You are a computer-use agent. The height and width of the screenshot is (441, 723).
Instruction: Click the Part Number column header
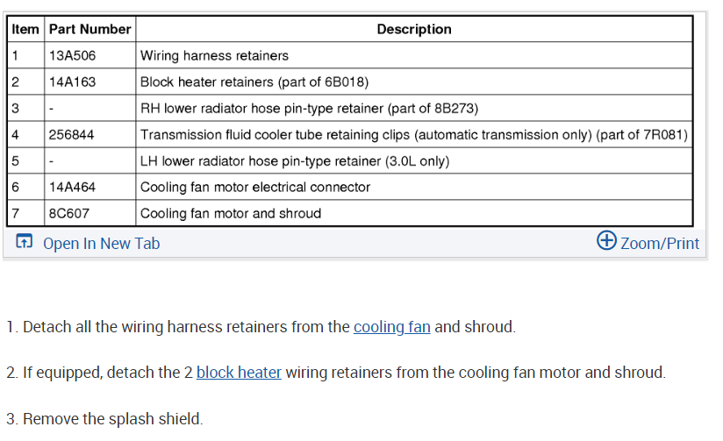pyautogui.click(x=89, y=29)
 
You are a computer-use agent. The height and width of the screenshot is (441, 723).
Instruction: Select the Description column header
pyautogui.click(x=414, y=29)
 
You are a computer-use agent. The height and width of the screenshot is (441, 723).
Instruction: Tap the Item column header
pyautogui.click(x=25, y=29)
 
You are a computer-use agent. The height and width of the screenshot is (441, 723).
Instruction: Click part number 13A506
pyautogui.click(x=73, y=55)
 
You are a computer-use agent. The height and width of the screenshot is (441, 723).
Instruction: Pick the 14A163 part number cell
pyautogui.click(x=73, y=82)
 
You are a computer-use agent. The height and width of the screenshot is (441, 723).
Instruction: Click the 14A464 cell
pyautogui.click(x=73, y=187)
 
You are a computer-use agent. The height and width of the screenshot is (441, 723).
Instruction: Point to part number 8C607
pyautogui.click(x=69, y=213)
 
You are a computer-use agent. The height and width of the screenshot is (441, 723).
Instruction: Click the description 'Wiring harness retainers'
pyautogui.click(x=214, y=55)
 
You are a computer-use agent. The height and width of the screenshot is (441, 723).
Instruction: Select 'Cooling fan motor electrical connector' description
pyautogui.click(x=255, y=187)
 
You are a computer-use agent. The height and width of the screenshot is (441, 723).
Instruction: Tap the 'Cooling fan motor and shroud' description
pyautogui.click(x=231, y=213)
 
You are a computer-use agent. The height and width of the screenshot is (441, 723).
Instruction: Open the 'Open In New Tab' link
pyautogui.click(x=101, y=244)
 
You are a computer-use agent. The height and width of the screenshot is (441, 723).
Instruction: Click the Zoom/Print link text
pyautogui.click(x=660, y=243)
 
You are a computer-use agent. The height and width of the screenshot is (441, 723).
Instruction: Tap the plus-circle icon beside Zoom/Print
pyautogui.click(x=606, y=241)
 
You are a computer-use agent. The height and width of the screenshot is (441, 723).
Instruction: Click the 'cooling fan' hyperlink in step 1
pyautogui.click(x=391, y=327)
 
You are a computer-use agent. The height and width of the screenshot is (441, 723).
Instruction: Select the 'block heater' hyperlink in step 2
pyautogui.click(x=239, y=373)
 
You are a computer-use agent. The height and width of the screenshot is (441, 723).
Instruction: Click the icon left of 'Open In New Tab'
pyautogui.click(x=25, y=242)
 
